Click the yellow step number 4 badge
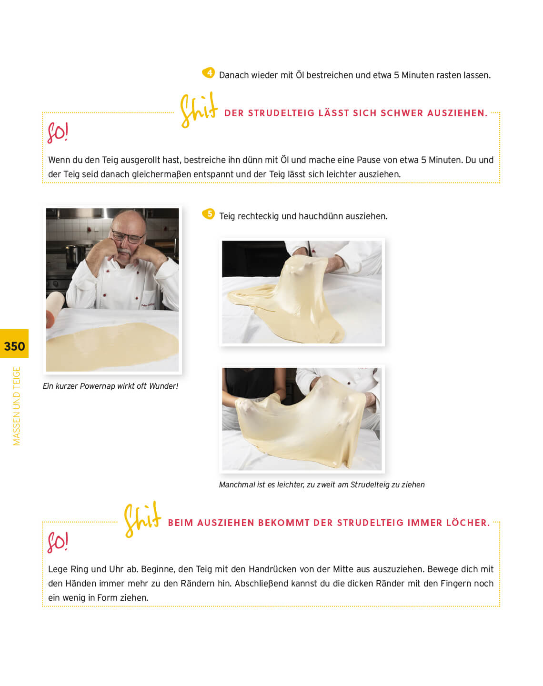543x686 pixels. [x=209, y=73]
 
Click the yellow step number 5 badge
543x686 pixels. [x=209, y=214]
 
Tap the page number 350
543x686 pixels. [x=14, y=346]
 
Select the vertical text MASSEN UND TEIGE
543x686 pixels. [x=16, y=406]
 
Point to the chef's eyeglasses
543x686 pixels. [x=128, y=237]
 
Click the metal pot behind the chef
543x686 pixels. [x=76, y=254]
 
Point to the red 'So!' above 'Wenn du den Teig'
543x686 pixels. [x=57, y=132]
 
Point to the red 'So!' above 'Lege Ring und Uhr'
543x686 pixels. [x=57, y=542]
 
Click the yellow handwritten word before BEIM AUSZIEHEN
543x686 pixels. [x=142, y=520]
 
